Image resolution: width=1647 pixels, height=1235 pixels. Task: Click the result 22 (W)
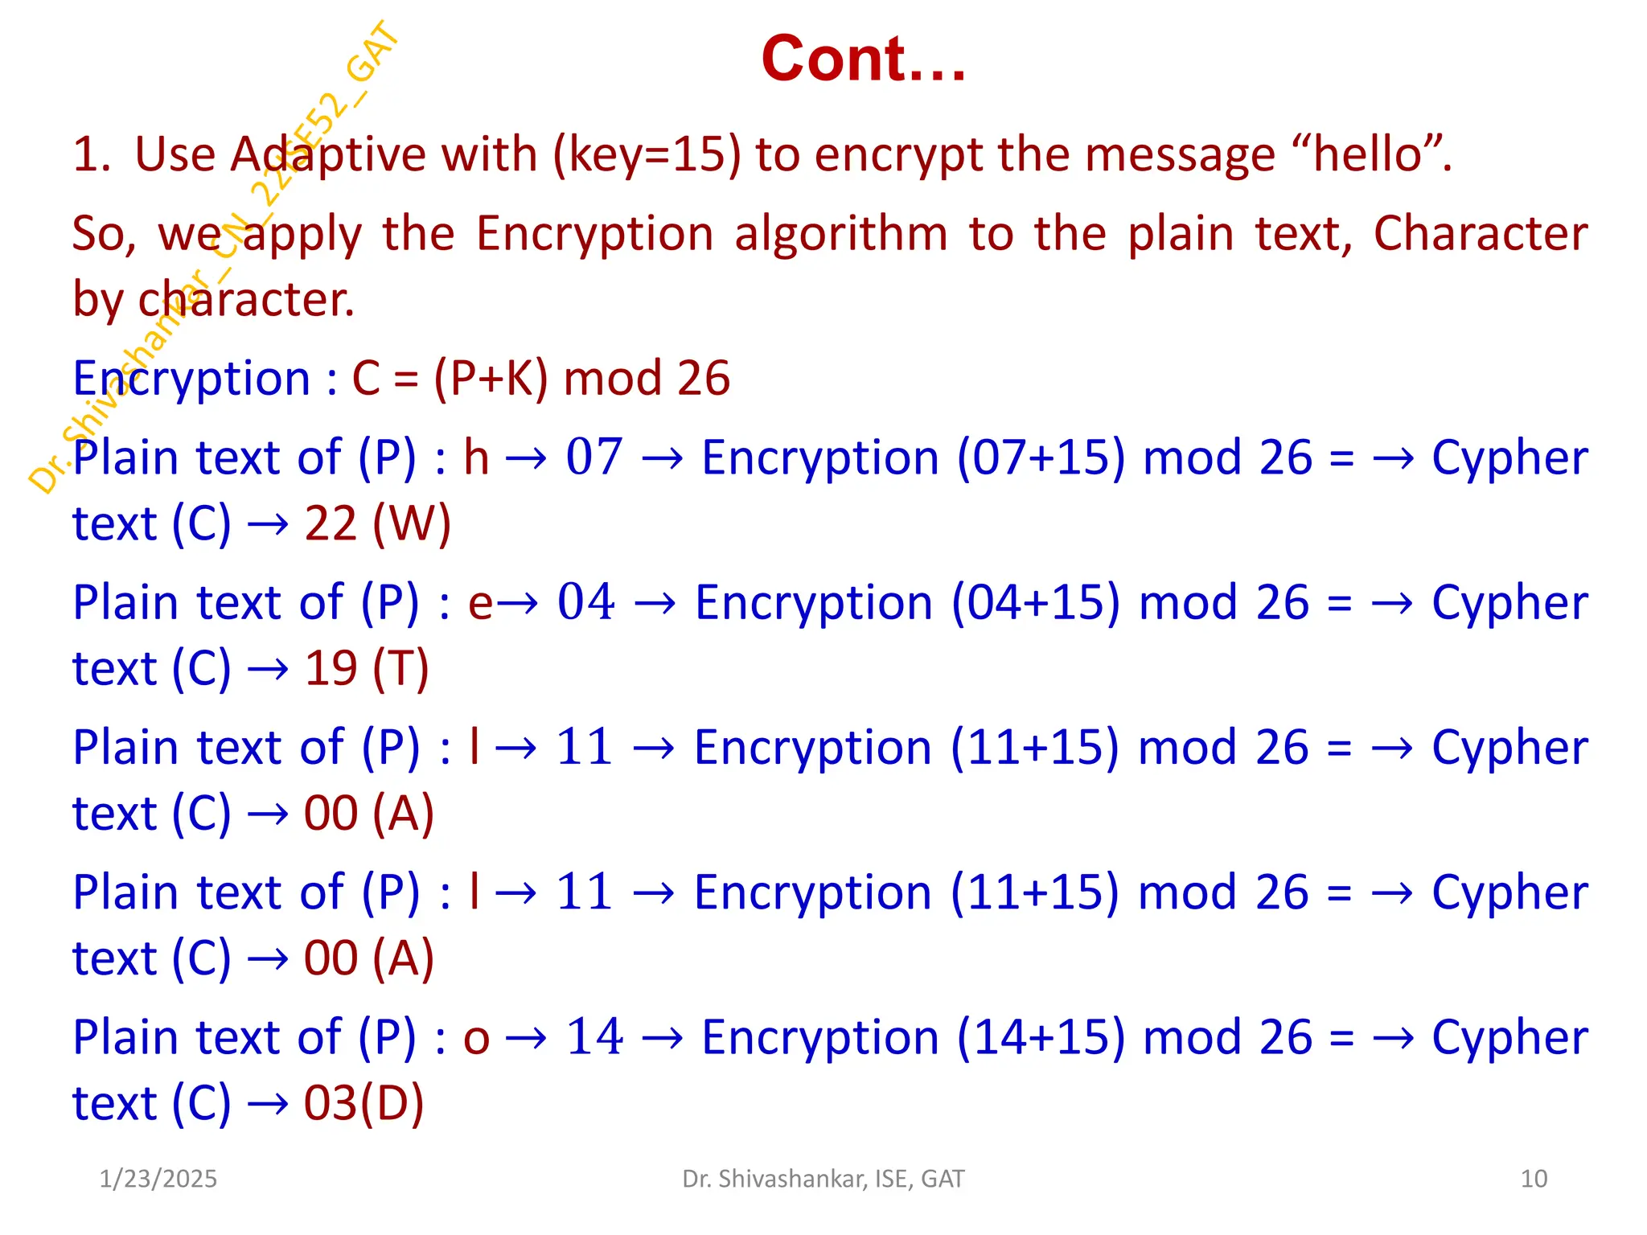(377, 523)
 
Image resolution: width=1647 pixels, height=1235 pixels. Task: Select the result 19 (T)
(367, 668)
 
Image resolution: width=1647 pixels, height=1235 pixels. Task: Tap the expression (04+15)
(1036, 602)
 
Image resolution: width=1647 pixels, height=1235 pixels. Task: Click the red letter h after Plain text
(476, 457)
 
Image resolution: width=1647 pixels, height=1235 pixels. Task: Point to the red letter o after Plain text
(476, 1038)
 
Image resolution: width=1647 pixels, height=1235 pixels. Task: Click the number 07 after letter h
(593, 457)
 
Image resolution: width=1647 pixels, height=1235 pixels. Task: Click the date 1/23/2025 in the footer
(158, 1179)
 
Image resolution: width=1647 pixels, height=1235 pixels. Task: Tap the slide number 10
(1534, 1179)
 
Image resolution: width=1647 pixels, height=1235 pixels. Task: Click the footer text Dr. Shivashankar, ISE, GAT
(823, 1179)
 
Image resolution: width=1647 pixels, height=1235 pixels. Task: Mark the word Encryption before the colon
(191, 378)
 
